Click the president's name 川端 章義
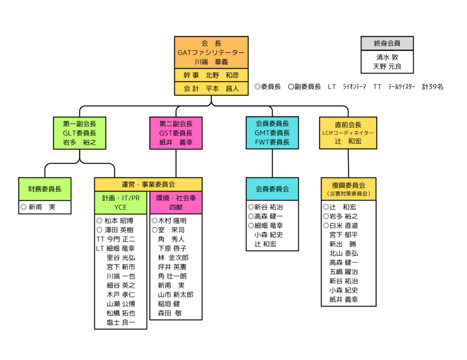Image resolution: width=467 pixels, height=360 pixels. (x=211, y=62)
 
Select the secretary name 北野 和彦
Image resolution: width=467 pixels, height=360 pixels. (x=219, y=75)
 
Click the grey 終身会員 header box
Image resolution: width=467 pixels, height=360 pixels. (x=387, y=43)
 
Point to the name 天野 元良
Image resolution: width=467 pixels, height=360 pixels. (x=387, y=67)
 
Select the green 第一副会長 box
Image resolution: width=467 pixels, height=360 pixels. (x=80, y=133)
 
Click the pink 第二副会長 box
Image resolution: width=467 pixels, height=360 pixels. (x=176, y=133)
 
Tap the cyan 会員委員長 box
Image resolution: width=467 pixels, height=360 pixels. (x=272, y=133)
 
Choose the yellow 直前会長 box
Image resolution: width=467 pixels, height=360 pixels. (x=348, y=133)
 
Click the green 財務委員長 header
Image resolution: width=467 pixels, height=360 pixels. (x=45, y=189)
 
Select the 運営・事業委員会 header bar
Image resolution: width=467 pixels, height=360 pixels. (x=148, y=184)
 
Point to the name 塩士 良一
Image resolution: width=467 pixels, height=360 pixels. (x=121, y=322)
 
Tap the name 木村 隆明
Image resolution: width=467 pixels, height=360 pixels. (x=172, y=221)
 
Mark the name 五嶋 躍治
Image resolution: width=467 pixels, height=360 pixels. (x=343, y=271)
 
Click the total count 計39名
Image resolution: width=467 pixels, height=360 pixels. (x=433, y=87)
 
